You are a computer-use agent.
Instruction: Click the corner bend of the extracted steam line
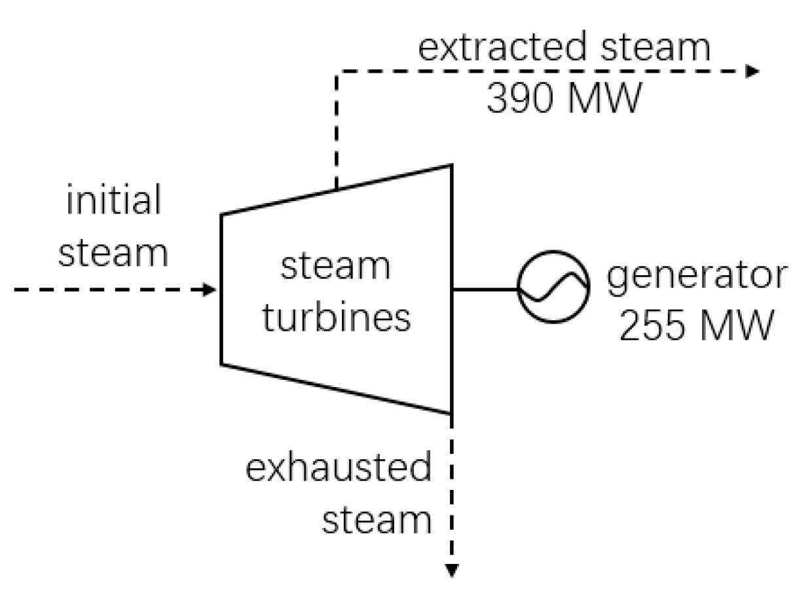[x=336, y=71]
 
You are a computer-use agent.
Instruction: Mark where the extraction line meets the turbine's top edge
[x=336, y=189]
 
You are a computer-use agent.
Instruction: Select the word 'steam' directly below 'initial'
[x=113, y=252]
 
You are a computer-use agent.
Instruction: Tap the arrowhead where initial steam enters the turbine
[x=210, y=290]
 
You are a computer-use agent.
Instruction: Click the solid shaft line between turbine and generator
[x=485, y=289]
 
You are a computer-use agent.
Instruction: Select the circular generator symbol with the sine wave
[x=553, y=286]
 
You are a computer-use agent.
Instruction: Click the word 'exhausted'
[x=339, y=469]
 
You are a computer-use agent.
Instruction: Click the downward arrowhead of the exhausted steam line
[x=451, y=572]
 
